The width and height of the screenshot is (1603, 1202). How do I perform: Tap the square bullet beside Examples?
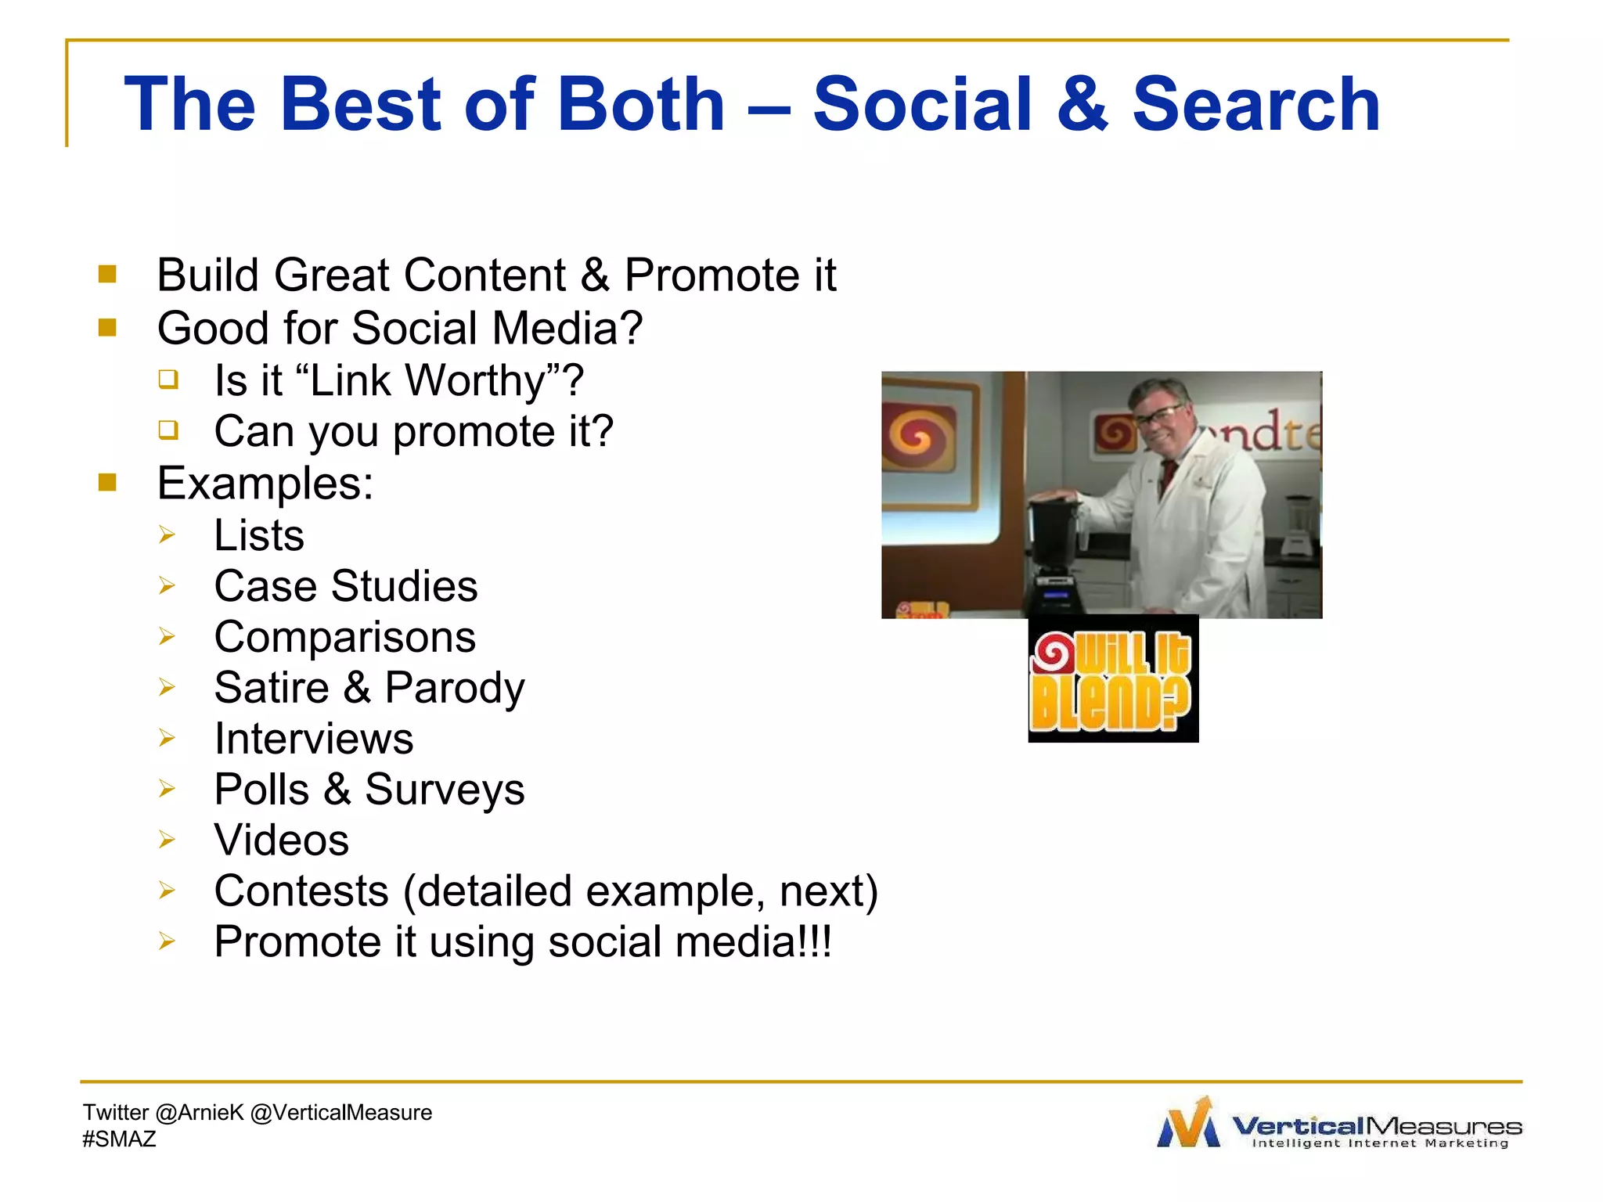pyautogui.click(x=107, y=482)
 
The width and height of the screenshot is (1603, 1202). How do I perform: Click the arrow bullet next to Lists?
pyautogui.click(x=166, y=535)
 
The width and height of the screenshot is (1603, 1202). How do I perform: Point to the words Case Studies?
pyautogui.click(x=345, y=586)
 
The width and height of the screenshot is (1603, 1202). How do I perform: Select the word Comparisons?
pyautogui.click(x=344, y=637)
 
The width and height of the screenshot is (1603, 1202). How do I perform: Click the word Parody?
pyautogui.click(x=454, y=688)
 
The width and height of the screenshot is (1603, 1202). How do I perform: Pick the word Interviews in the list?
pyautogui.click(x=313, y=739)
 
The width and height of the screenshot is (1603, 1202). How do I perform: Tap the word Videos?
pyautogui.click(x=281, y=840)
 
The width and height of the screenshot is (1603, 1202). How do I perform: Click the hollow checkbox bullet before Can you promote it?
pyautogui.click(x=168, y=430)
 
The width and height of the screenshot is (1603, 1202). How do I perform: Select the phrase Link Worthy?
pyautogui.click(x=427, y=381)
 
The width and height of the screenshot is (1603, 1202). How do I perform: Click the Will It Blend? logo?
pyautogui.click(x=1112, y=679)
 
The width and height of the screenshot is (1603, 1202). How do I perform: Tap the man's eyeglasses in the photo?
pyautogui.click(x=1158, y=415)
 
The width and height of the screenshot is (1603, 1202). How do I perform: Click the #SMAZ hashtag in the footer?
pyautogui.click(x=119, y=1139)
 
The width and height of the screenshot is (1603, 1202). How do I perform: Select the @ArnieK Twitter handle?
pyautogui.click(x=200, y=1113)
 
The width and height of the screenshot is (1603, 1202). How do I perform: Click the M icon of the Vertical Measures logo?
pyautogui.click(x=1188, y=1124)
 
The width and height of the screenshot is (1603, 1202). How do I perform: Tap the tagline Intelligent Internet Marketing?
pyautogui.click(x=1380, y=1143)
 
